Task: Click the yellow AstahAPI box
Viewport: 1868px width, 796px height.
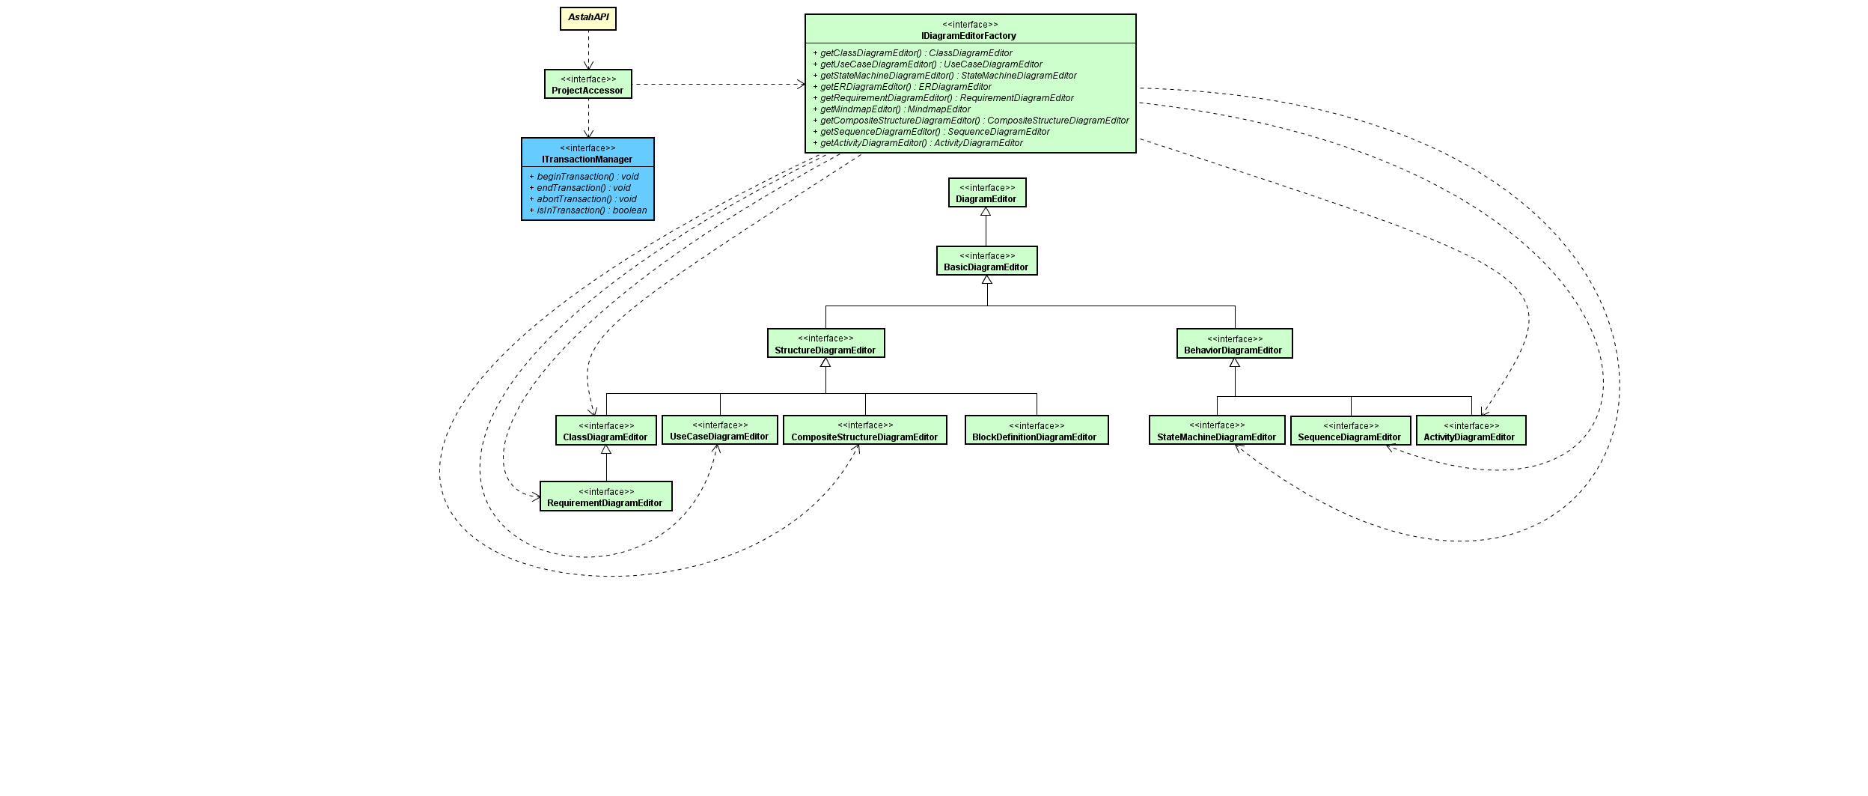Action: [x=587, y=18]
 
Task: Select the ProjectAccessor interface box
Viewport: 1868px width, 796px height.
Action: [x=587, y=84]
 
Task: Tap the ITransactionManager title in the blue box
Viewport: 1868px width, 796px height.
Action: [x=587, y=159]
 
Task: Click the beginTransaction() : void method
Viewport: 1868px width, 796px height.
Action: [x=587, y=177]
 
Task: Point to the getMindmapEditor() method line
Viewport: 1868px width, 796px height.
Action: [x=895, y=109]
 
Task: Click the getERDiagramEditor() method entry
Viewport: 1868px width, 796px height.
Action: [x=906, y=87]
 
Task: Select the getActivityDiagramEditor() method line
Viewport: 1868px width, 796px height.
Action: [x=921, y=143]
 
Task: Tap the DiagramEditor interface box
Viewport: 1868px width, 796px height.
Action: [x=986, y=192]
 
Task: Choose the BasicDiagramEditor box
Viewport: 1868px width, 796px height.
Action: [x=986, y=261]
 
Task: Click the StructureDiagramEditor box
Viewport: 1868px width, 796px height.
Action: [x=825, y=343]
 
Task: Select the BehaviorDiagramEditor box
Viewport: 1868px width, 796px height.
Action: [x=1234, y=344]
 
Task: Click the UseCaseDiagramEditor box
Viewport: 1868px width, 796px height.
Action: [x=719, y=431]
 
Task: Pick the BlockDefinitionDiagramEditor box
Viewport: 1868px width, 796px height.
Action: [x=1036, y=431]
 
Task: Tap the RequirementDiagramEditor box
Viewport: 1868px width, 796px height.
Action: [x=605, y=496]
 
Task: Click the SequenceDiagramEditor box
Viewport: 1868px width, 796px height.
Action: [x=1350, y=431]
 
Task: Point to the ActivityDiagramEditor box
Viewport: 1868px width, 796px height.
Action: [x=1470, y=431]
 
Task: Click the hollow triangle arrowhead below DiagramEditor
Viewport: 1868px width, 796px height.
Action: [x=986, y=212]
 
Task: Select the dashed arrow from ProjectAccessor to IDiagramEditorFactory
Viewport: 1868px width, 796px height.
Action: [x=718, y=85]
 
